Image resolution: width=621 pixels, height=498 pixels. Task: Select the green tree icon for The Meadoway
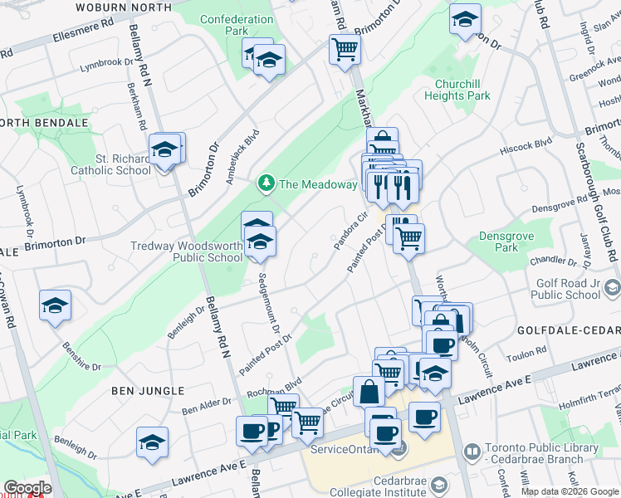(266, 182)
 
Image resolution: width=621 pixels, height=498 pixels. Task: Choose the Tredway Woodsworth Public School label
(187, 251)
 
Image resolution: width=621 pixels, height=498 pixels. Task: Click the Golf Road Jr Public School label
(565, 289)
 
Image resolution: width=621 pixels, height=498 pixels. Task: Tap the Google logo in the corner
(27, 487)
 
